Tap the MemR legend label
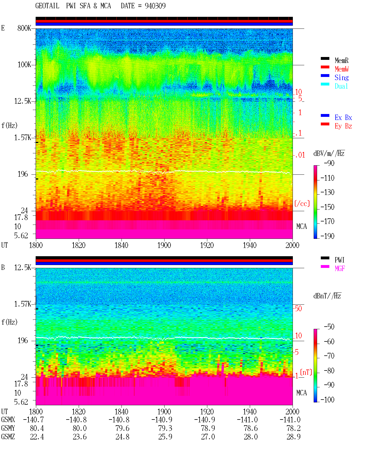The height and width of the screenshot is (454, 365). (341, 60)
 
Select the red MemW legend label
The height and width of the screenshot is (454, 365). (342, 69)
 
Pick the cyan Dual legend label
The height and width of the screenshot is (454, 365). (341, 86)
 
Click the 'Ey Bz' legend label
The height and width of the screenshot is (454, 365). (343, 126)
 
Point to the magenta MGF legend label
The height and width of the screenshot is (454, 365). (340, 268)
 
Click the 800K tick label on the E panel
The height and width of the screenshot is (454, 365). (24, 28)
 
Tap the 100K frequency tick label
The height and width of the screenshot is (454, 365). (24, 65)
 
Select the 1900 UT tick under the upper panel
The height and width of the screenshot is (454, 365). (164, 245)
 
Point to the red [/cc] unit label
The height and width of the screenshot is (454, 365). (302, 203)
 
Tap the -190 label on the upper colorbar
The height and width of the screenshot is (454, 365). (327, 236)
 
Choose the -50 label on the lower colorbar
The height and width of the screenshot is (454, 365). (329, 327)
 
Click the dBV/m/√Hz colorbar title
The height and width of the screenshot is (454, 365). (329, 153)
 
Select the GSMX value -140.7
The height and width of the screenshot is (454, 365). (33, 420)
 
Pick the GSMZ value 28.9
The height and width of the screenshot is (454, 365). (293, 437)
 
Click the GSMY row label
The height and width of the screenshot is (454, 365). (8, 428)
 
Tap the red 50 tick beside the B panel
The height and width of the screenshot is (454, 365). (298, 308)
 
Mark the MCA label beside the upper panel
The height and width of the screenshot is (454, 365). (301, 226)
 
